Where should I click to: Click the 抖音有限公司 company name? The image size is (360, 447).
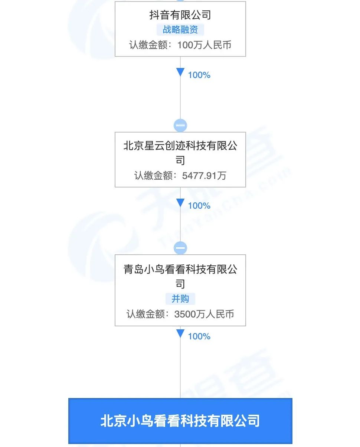180,15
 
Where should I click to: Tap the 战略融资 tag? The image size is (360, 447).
180,30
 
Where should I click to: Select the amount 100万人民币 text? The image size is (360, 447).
204,45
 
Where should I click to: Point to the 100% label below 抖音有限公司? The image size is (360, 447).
199,75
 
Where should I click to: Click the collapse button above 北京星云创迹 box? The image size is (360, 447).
180,125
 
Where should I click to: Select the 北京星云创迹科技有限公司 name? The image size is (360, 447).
180,153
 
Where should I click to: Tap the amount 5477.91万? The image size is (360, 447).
204,175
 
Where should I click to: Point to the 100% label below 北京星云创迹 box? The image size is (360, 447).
199,206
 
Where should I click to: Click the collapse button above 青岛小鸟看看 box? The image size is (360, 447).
180,248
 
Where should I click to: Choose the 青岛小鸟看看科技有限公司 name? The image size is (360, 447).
180,276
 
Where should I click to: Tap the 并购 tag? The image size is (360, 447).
180,299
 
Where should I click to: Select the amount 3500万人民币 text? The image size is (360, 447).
204,314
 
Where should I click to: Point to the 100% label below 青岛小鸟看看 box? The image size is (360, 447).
199,336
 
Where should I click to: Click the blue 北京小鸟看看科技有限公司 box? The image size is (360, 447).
180,421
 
